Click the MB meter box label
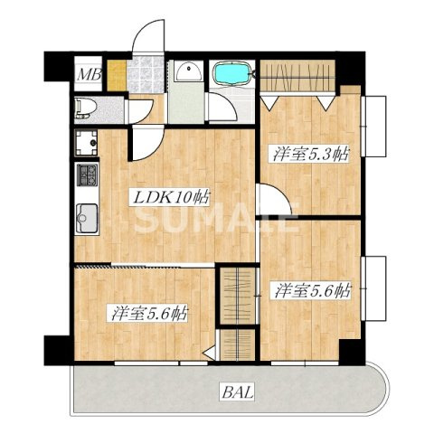coord(90,74)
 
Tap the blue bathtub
coord(231,72)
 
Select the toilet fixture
coord(86,108)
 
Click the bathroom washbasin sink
coord(189,71)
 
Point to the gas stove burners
coord(87,175)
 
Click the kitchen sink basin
coord(87,219)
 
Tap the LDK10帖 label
coord(169,198)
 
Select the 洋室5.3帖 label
coord(310,154)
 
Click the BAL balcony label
coord(239,392)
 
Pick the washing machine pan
coord(87,143)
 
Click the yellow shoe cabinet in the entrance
coord(117,75)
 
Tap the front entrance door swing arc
coord(142,29)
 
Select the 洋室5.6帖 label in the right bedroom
coord(312,290)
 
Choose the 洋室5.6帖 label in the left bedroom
coord(150,313)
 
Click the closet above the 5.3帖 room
coord(297,75)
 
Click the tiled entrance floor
coord(146,75)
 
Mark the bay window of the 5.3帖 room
coord(375,126)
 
